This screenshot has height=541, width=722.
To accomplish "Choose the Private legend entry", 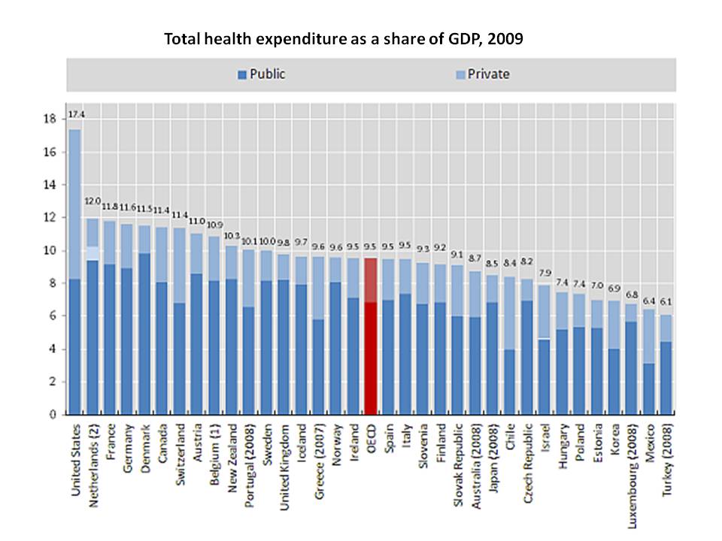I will click(x=483, y=74).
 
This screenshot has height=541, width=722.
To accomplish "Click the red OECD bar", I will click(x=370, y=338).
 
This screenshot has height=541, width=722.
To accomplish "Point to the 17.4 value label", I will click(x=75, y=114).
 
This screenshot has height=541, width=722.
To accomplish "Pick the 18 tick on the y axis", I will click(x=51, y=119).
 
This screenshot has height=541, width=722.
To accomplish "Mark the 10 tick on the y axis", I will click(x=51, y=250).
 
